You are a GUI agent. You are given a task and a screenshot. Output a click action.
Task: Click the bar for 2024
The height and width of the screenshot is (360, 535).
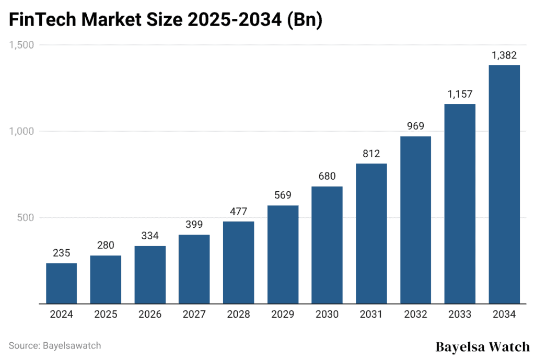(61, 283)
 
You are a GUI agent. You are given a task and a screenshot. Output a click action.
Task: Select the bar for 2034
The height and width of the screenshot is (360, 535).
(504, 184)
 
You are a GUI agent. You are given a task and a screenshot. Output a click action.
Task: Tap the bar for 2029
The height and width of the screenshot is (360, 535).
(283, 254)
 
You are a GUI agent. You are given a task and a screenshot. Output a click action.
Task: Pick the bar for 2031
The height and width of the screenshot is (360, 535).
(371, 234)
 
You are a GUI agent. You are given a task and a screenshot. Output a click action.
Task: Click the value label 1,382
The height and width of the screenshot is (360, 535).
(504, 55)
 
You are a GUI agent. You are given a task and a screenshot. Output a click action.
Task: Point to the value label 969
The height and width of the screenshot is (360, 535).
(415, 126)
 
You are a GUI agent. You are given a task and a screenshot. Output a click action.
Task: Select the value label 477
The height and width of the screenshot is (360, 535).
(238, 212)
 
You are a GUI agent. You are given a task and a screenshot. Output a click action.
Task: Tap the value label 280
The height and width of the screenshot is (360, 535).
(106, 246)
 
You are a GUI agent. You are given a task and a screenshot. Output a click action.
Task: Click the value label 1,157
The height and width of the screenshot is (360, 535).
(459, 94)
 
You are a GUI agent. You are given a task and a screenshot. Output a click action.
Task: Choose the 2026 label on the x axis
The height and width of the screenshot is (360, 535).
(150, 315)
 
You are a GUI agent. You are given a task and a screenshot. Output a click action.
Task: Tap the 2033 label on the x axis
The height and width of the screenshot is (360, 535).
(459, 315)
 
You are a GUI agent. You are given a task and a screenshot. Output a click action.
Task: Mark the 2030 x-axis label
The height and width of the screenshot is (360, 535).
(327, 315)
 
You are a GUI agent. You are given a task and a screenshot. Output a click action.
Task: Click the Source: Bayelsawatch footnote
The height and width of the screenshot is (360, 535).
(55, 345)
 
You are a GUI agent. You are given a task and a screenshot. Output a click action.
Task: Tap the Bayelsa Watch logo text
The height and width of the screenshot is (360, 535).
(482, 347)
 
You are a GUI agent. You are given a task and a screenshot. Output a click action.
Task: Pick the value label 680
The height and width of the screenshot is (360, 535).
(327, 176)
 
